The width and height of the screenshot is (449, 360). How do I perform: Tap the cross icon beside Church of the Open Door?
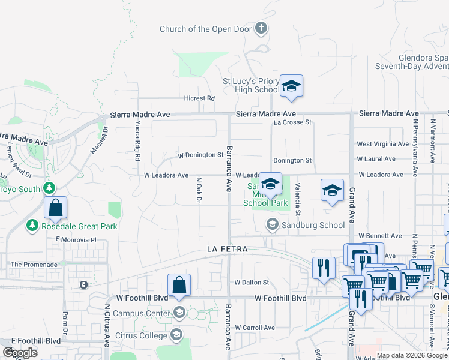point(261,28)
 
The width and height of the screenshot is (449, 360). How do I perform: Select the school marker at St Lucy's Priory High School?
point(291,86)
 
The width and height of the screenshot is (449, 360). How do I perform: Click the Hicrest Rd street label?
point(199,98)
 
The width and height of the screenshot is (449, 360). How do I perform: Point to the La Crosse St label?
point(292,122)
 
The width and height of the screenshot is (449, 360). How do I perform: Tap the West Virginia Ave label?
point(383,144)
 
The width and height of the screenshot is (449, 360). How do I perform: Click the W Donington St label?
point(200,155)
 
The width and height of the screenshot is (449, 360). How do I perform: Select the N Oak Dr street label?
point(198,190)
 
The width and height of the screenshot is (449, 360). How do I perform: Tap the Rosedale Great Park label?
point(79,226)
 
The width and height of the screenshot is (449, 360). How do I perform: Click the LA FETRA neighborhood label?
point(227,248)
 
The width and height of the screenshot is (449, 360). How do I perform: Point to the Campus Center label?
point(141,313)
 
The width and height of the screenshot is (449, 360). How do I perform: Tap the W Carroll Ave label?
point(255,328)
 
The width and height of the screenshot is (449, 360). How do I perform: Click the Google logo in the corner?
point(20,353)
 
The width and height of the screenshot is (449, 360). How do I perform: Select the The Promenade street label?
point(34,264)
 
